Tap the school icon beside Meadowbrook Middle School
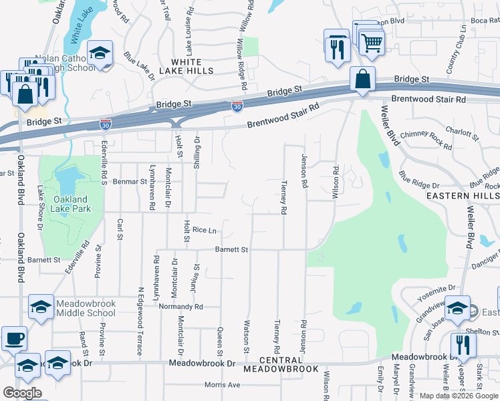point(41,307)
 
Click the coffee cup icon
point(14,339)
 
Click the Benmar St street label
point(130,181)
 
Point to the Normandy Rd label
point(180,307)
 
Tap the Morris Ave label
point(222,385)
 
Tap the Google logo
point(22,392)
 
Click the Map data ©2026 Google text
point(459,396)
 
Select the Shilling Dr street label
point(197,152)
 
